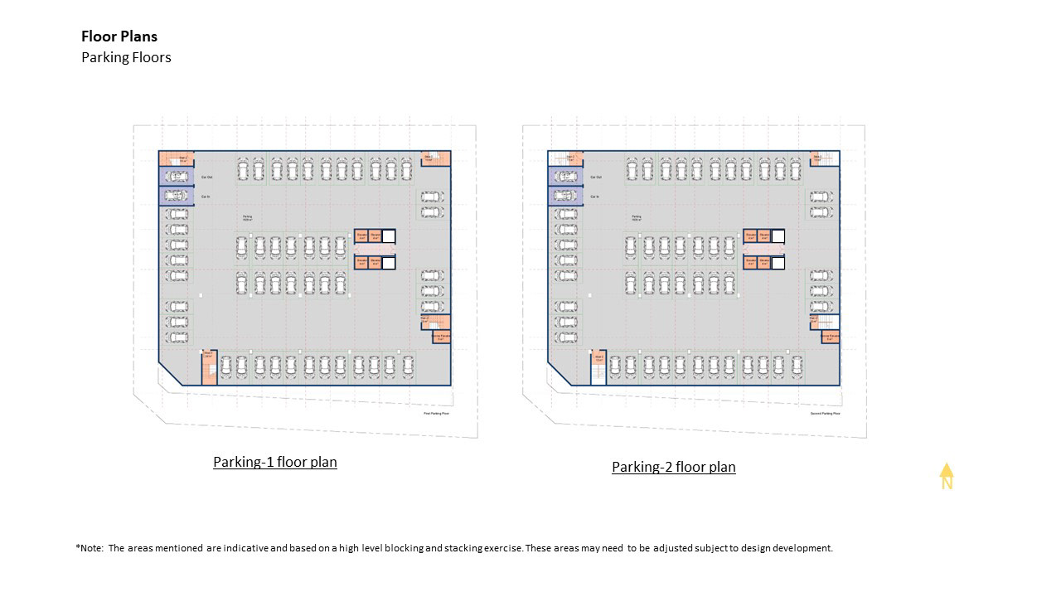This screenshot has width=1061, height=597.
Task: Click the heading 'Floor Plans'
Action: [119, 36]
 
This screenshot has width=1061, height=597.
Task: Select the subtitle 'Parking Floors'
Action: [126, 57]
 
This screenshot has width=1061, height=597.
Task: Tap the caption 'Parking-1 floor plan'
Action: [275, 462]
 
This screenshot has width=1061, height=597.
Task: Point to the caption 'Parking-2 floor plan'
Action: [674, 467]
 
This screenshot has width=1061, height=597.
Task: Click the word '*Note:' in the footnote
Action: [90, 548]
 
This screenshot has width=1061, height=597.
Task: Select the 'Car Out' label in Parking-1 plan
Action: [207, 177]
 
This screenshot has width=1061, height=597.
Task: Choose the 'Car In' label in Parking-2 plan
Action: [595, 197]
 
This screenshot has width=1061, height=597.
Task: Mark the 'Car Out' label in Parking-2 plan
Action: [596, 177]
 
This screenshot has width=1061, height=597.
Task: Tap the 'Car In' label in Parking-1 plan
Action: [206, 197]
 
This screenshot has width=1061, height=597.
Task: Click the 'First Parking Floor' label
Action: [436, 413]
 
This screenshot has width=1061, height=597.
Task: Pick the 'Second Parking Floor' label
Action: [825, 413]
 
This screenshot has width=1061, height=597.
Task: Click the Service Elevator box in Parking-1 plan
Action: [440, 337]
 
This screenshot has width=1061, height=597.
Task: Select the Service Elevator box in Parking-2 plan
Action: [830, 337]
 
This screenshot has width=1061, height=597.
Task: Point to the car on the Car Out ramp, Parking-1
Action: [175, 176]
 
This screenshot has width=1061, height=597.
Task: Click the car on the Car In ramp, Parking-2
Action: [564, 197]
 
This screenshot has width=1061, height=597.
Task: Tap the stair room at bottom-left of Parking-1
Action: [209, 366]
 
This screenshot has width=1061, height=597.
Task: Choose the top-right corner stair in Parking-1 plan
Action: [435, 158]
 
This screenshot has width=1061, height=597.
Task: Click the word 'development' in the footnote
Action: [799, 548]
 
